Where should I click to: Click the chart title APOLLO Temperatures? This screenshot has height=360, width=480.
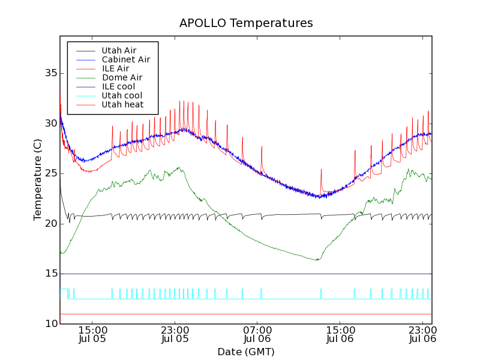(246, 23)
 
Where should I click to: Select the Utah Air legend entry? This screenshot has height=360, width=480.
(119, 50)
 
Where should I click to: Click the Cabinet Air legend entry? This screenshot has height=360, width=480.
(125, 59)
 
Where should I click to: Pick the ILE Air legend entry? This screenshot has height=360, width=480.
(115, 68)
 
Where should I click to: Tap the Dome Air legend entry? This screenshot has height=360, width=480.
(122, 77)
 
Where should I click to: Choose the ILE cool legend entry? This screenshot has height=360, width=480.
(118, 86)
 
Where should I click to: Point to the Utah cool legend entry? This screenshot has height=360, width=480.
(122, 95)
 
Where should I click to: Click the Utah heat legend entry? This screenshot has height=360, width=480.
(122, 104)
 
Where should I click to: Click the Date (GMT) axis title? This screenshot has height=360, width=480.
(246, 352)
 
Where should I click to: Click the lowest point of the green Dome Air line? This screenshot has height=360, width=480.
(316, 260)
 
